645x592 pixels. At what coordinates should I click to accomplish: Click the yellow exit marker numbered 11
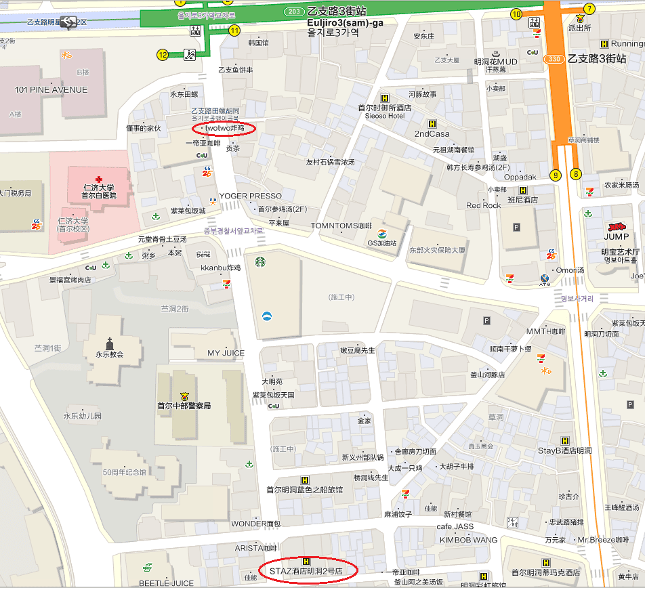[234, 30]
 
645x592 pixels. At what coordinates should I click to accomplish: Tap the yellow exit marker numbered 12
[163, 55]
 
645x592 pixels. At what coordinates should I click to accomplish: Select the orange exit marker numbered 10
[516, 14]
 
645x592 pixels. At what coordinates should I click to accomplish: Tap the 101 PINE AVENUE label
[51, 90]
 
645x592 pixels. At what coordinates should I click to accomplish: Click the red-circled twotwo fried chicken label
[224, 128]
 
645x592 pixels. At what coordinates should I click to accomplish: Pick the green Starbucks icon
[260, 261]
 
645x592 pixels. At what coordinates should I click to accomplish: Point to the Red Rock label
[483, 205]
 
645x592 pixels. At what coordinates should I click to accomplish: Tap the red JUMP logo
[617, 226]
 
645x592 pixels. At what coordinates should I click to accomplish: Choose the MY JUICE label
[226, 354]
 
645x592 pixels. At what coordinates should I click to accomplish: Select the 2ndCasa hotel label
[432, 133]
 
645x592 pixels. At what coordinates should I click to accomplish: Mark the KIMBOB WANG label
[468, 540]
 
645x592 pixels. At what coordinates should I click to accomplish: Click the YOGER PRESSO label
[250, 196]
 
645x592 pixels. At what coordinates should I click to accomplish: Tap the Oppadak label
[520, 177]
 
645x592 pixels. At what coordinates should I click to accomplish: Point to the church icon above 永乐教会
[109, 342]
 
